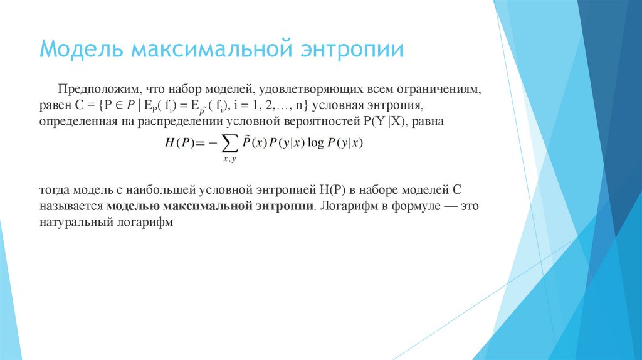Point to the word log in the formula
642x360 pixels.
[x=316, y=143]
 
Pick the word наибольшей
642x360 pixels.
[x=165, y=189]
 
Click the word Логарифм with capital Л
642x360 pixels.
[x=347, y=206]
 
